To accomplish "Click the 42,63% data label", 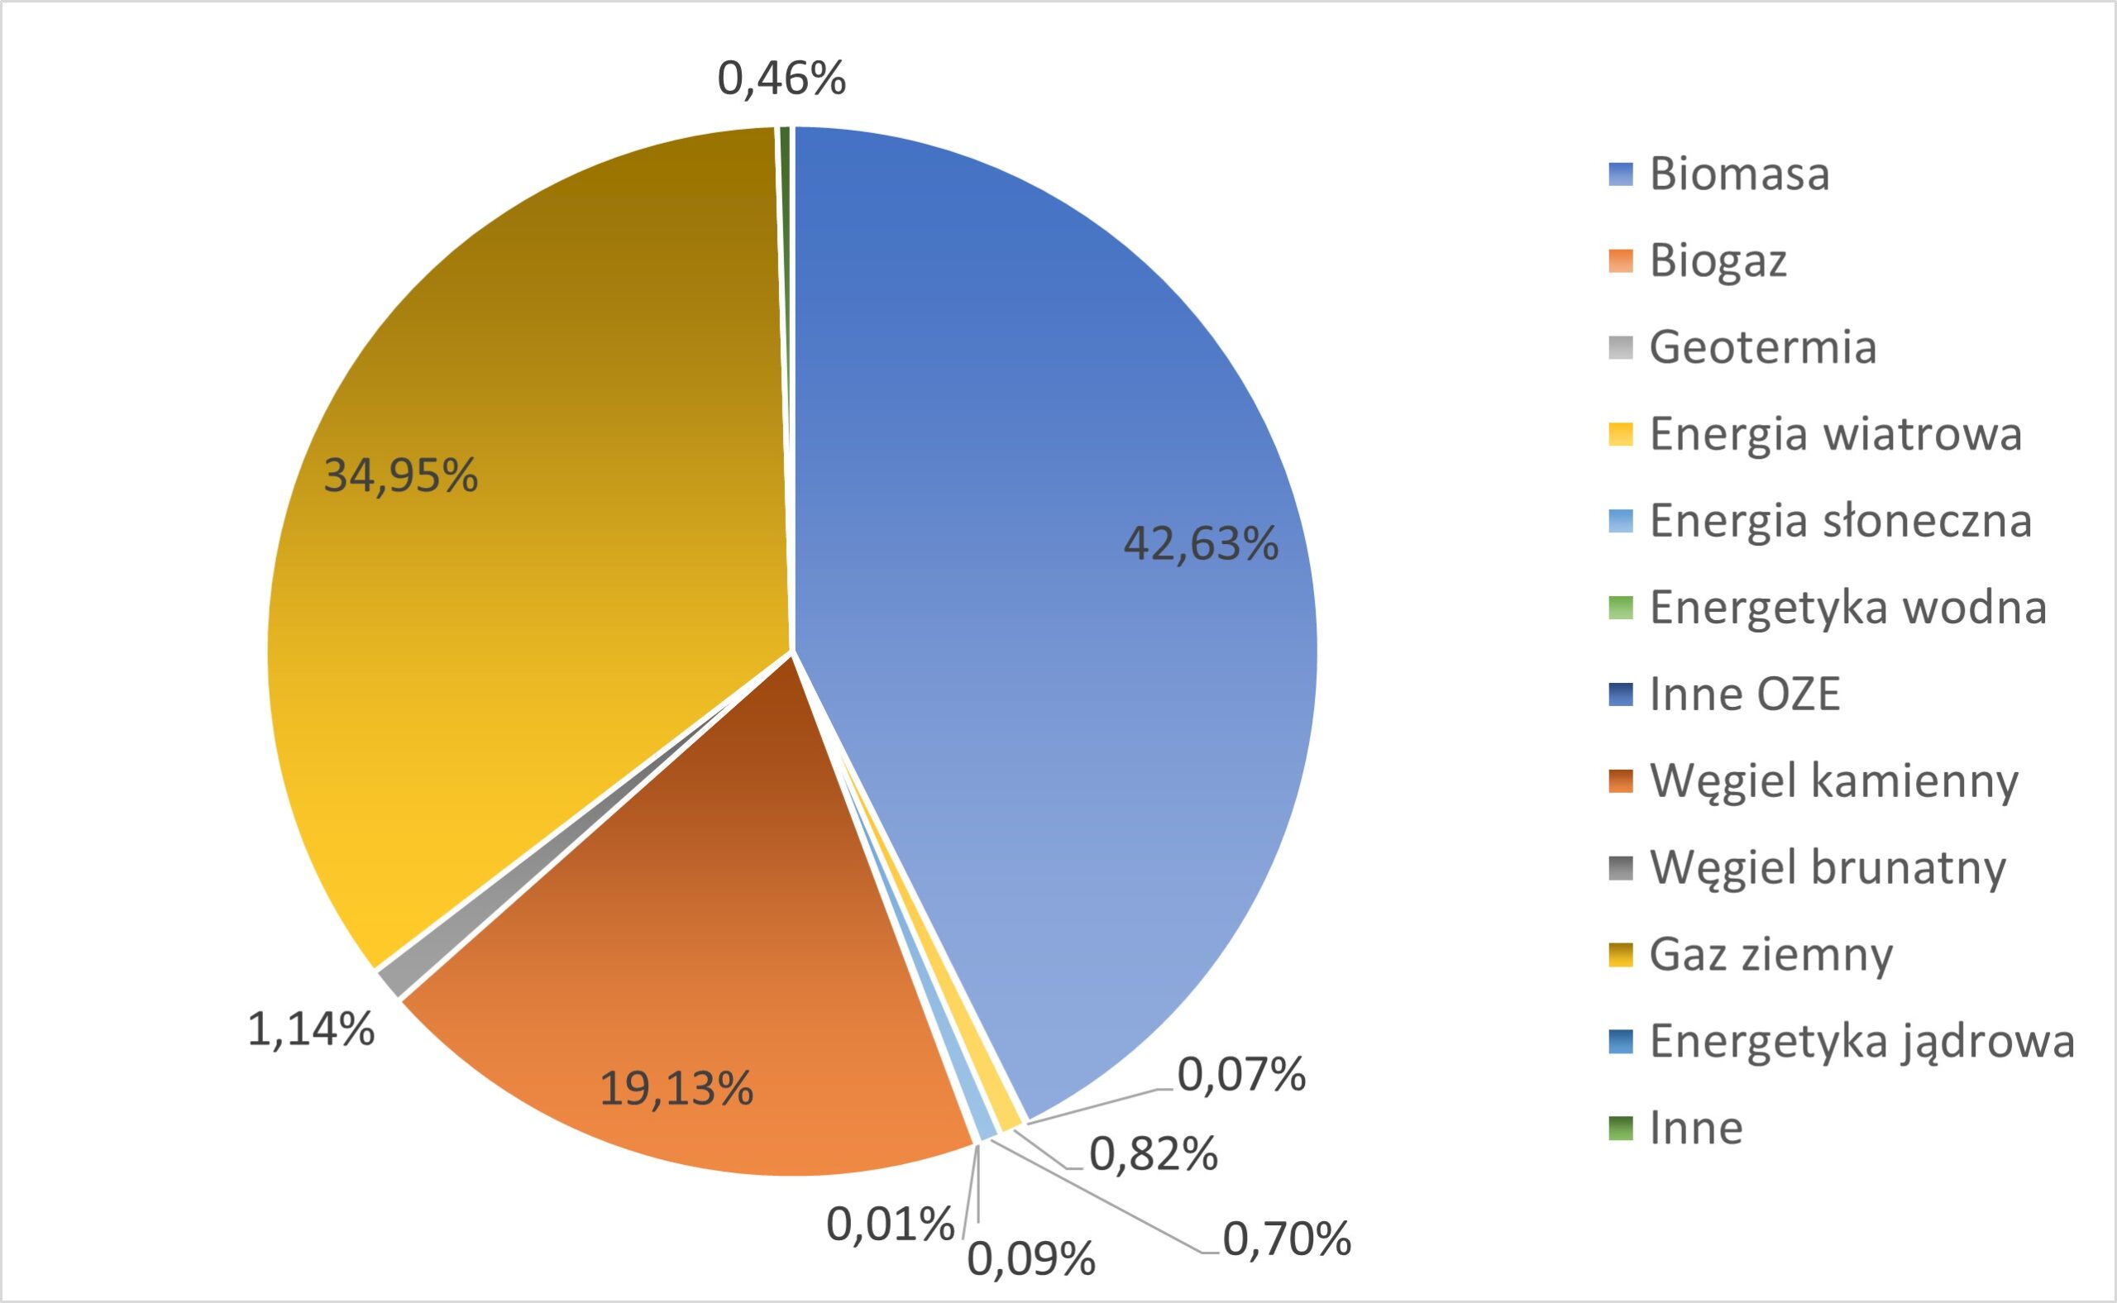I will (1201, 545).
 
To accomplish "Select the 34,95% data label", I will (401, 475).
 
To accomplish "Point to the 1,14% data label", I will (311, 1029).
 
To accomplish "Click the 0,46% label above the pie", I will (781, 79).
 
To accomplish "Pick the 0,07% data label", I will (1241, 1075).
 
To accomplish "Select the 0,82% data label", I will (1154, 1154).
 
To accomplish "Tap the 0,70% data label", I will (1287, 1239).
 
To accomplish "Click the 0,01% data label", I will (891, 1224).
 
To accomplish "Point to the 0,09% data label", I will (1031, 1260).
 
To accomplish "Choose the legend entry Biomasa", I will (1738, 174).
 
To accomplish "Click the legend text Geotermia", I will (1762, 347).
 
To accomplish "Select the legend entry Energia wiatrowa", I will (1835, 433).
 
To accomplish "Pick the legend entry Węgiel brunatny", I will (1828, 867).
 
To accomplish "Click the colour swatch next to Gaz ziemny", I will (1621, 955).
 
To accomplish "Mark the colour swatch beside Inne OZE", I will (1621, 694).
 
